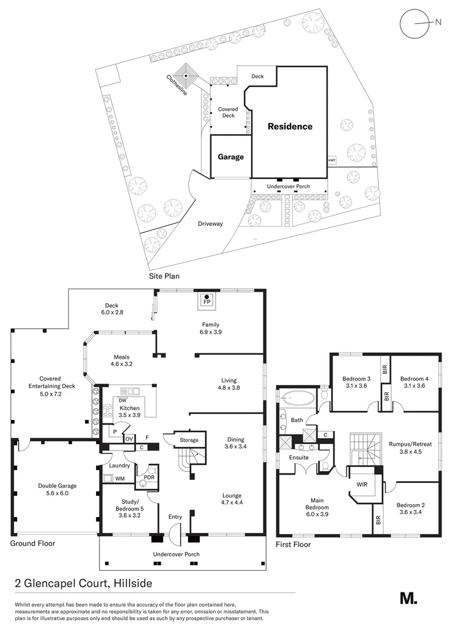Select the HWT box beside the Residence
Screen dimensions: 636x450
[x=332, y=160]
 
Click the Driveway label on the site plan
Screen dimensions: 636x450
[x=210, y=224]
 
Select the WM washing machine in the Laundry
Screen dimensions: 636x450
[x=120, y=478]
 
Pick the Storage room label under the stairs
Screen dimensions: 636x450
[x=189, y=440]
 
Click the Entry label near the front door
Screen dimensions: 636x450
[x=175, y=517]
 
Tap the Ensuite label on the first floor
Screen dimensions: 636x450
[x=298, y=457]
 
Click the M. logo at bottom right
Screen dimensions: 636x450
[x=408, y=598]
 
